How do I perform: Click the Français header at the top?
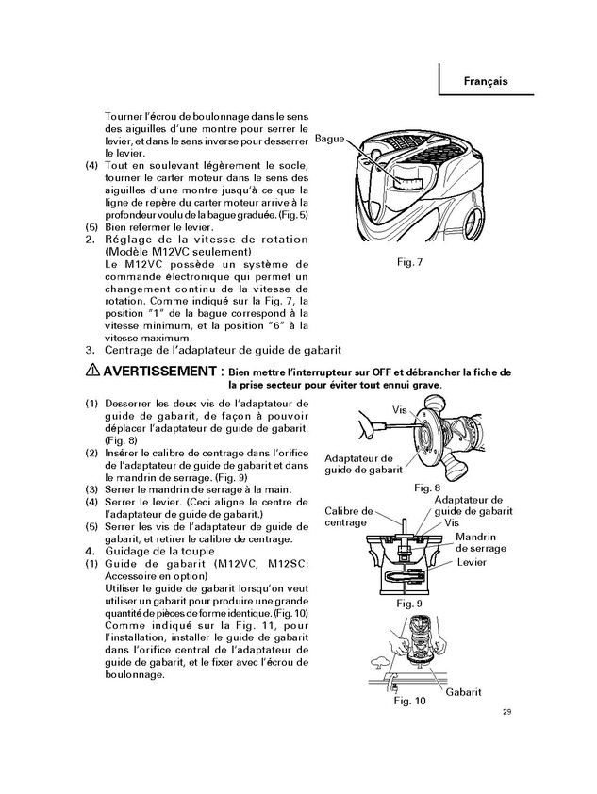pos(486,81)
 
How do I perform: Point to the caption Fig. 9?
pos(408,602)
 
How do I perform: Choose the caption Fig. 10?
pos(409,701)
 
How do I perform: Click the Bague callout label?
pos(329,139)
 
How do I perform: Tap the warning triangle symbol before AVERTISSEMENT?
pos(91,371)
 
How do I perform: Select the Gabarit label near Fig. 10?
pos(464,691)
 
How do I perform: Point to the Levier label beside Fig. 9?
pos(471,562)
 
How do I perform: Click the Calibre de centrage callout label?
pos(349,516)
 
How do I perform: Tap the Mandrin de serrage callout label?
pos(480,542)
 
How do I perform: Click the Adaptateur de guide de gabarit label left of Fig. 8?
pos(363,462)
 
